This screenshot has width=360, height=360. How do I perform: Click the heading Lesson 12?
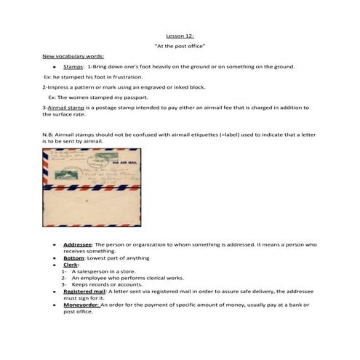point(180,35)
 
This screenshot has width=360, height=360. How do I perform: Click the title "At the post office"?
point(180,46)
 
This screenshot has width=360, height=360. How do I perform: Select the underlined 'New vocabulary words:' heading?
point(73,56)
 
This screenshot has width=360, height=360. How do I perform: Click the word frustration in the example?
point(128,76)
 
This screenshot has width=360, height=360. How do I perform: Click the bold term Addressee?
point(77,244)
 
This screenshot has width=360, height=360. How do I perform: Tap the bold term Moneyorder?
point(81,305)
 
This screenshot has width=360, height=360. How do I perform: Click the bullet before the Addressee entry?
point(55,245)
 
